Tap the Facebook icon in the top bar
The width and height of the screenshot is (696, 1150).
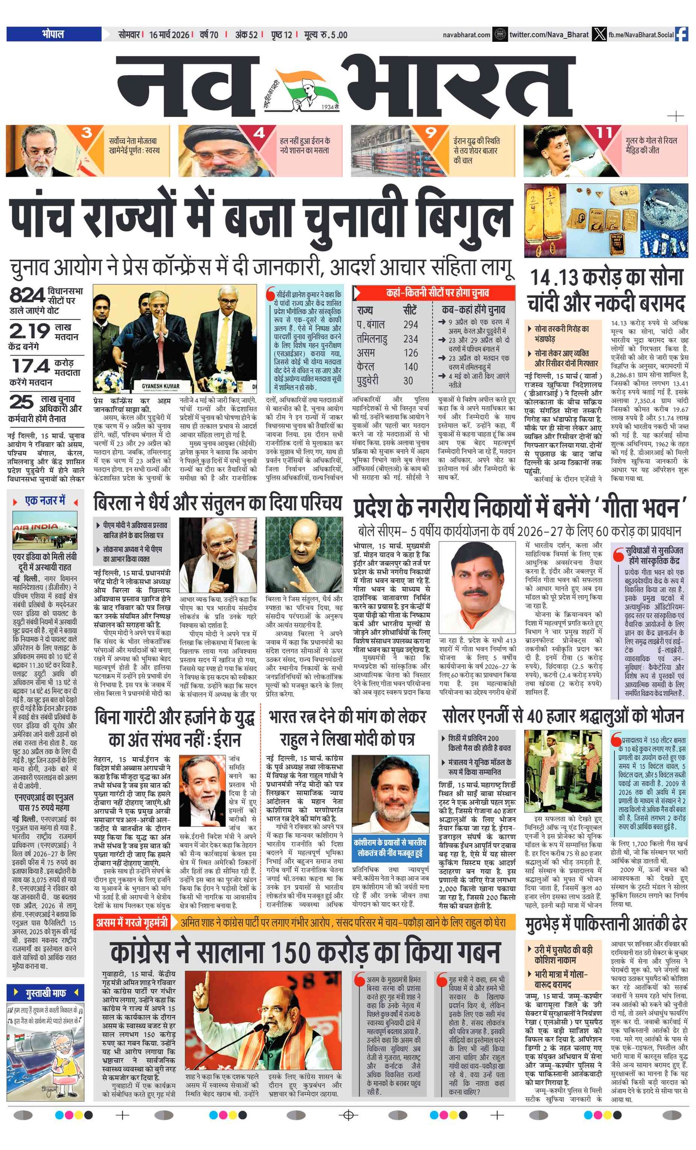pos(681,34)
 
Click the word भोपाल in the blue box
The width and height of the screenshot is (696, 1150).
pos(53,34)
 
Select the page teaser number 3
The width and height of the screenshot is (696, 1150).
pos(87,133)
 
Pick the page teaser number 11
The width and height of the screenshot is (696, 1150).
pos(604,133)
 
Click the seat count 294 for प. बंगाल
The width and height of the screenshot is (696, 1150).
pos(410,325)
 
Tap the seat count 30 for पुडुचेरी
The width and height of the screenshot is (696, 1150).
pos(408,381)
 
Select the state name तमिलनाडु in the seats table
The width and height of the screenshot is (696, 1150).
pos(371,339)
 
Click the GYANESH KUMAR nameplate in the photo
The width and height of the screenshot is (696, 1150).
pos(161,386)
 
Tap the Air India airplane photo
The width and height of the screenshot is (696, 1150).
pos(45,530)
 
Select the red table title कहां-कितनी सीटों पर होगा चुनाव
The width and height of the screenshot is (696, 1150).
pos(437,293)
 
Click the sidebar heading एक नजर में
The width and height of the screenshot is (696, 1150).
pos(45,501)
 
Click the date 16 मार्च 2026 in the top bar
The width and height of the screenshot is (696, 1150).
pos(169,34)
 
